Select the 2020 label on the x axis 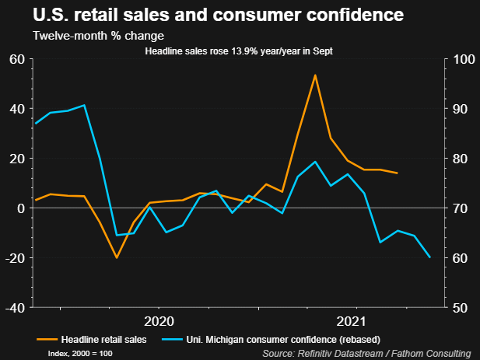pyautogui.click(x=158, y=320)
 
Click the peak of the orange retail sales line pyautogui.click(x=314, y=75)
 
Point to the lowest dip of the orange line pyautogui.click(x=117, y=257)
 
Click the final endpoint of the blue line pyautogui.click(x=430, y=257)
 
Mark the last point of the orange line pyautogui.click(x=398, y=173)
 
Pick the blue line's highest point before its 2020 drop pyautogui.click(x=84, y=105)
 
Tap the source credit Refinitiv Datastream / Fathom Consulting pyautogui.click(x=367, y=354)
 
